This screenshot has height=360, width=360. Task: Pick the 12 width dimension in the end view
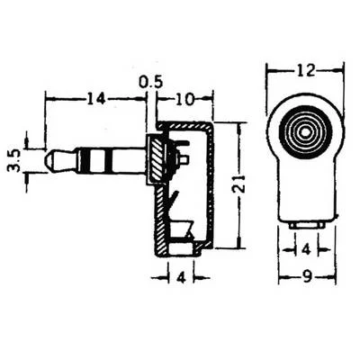click(306, 68)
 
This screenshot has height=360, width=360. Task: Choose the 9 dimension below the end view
click(307, 278)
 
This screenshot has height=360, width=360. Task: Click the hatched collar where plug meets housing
click(157, 162)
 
